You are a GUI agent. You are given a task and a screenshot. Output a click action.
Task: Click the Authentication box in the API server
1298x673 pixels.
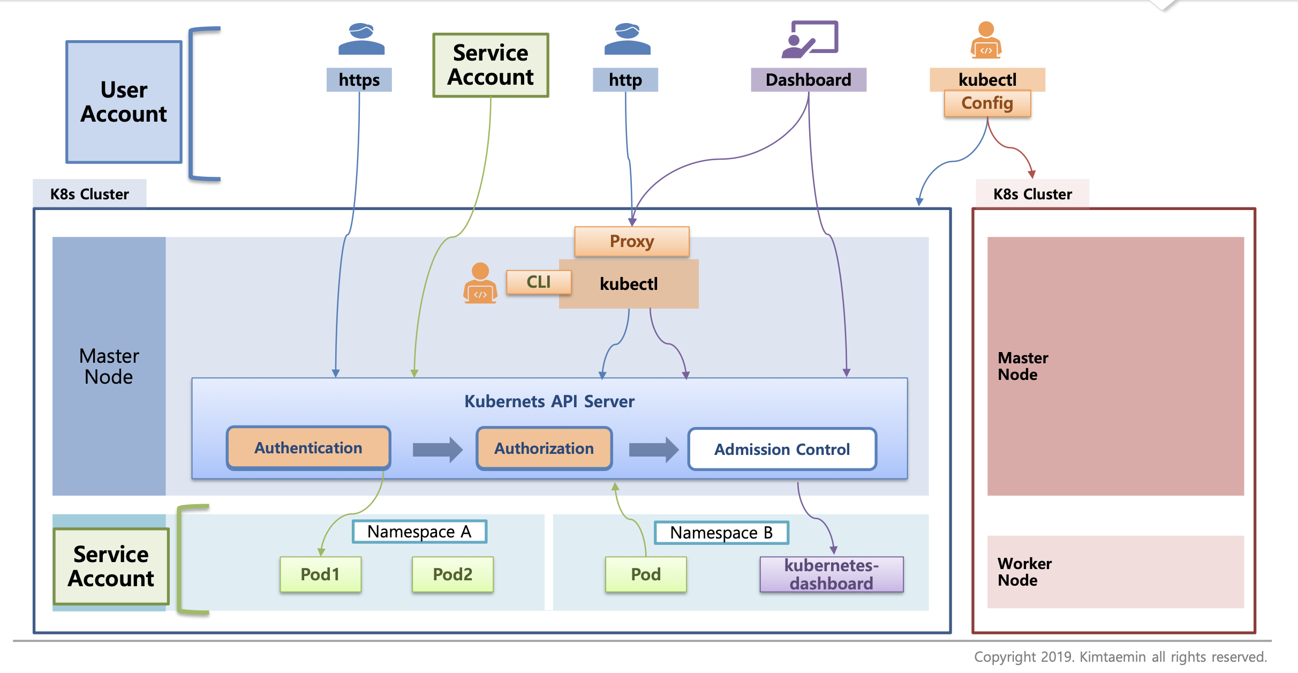[x=308, y=448]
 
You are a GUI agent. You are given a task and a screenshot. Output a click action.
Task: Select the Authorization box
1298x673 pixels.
[x=544, y=448]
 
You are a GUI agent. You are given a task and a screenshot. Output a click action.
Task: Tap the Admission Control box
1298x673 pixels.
[x=782, y=449]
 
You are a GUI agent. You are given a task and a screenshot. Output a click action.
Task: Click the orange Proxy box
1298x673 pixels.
[x=632, y=241]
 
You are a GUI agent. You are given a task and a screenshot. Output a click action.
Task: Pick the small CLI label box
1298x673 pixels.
[x=539, y=282]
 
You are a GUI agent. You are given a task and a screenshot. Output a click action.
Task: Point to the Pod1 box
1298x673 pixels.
[x=320, y=574]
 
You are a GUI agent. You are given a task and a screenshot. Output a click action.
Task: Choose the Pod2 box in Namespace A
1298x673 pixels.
[x=452, y=574]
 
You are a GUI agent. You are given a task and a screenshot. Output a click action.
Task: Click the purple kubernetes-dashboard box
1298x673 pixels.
[x=832, y=574]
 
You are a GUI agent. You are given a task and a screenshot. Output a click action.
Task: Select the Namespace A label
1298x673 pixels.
[x=419, y=532]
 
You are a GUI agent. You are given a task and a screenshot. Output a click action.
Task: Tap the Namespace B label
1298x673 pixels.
[x=721, y=533]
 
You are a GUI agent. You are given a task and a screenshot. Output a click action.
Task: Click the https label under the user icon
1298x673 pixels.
[x=359, y=80]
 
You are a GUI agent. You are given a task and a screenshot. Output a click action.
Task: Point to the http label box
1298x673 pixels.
[x=625, y=80]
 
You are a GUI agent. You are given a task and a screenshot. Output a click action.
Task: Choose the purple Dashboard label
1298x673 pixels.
[x=809, y=80]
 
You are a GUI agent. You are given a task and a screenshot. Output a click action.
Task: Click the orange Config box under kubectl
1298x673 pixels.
[x=987, y=103]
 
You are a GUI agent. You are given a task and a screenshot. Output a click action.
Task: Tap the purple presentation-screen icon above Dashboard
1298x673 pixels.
[x=810, y=39]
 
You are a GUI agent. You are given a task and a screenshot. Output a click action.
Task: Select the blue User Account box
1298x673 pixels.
[x=124, y=102]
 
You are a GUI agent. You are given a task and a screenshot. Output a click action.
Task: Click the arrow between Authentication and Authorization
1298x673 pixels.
[x=437, y=449]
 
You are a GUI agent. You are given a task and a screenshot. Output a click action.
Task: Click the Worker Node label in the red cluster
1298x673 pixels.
[x=1024, y=572]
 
